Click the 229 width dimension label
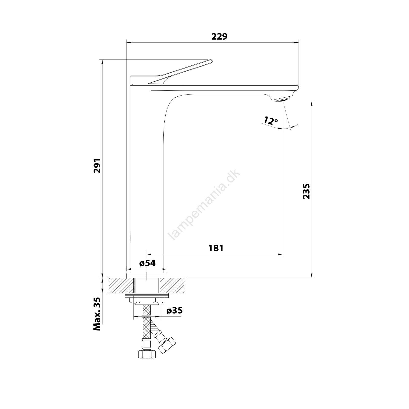tap(219, 37)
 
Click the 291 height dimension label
tap(97, 166)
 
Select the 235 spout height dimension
tap(306, 191)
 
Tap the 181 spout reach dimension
tap(216, 248)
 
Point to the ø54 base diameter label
tap(147, 263)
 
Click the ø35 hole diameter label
tap(175, 311)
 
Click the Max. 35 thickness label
tap(97, 314)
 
